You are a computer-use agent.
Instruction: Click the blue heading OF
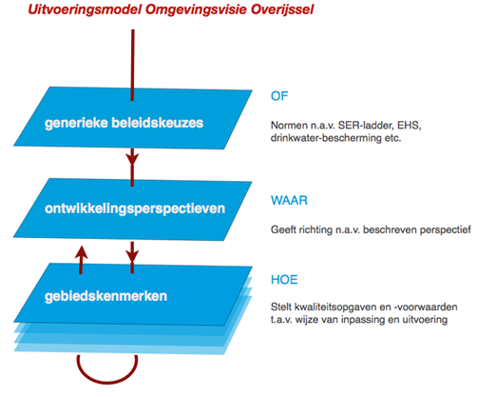point(279,95)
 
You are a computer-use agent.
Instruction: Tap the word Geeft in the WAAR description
point(287,229)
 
